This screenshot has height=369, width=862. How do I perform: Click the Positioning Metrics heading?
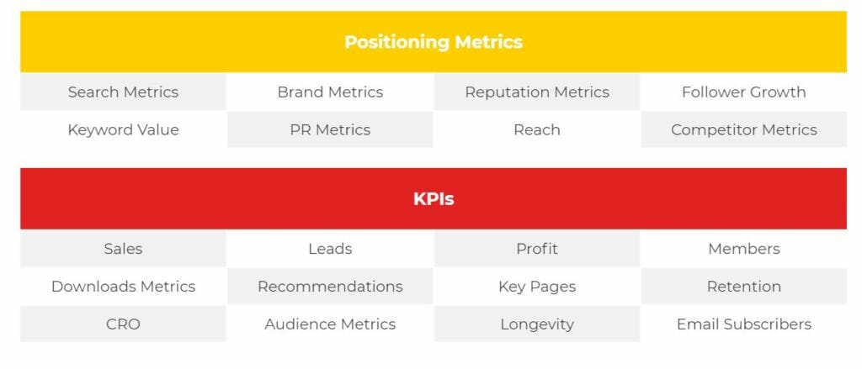434,42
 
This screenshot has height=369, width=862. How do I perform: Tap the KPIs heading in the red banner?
434,198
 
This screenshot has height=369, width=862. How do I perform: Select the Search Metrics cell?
123,92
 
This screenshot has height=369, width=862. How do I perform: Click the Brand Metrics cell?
330,92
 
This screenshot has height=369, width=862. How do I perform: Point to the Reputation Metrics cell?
537,92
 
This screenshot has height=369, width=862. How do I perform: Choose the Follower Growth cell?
744,92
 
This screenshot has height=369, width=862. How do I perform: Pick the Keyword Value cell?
123,129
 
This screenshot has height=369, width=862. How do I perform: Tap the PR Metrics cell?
330,129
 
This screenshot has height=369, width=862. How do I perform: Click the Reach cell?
537,129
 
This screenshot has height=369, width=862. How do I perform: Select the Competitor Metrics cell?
744,129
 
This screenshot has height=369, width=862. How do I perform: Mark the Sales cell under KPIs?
123,249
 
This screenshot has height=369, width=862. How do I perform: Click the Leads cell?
330,249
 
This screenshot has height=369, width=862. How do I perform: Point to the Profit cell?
537,249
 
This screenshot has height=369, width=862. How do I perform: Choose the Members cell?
744,249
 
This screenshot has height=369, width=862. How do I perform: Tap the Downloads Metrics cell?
123,286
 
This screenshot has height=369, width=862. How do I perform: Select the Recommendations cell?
330,286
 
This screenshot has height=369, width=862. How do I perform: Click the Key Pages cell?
537,286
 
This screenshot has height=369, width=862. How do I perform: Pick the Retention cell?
744,286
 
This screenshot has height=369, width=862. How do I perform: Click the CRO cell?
123,324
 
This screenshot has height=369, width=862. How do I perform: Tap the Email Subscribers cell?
744,324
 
